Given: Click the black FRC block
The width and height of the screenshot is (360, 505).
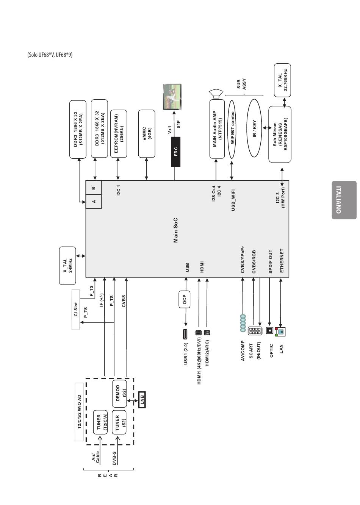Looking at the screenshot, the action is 175,152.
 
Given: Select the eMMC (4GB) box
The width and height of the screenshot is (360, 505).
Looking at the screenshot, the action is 147,134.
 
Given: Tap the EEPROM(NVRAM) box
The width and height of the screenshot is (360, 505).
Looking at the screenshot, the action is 119,134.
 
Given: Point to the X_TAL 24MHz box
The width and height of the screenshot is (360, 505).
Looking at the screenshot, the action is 67,266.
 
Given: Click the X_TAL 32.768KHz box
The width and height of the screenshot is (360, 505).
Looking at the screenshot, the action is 282,80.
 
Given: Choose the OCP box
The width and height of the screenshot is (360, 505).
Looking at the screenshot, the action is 185,299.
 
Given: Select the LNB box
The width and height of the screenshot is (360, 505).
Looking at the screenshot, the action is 142,400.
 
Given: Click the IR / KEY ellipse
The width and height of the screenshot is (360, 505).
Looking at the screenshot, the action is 254,128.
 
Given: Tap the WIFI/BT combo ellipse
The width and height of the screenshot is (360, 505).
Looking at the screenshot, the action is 232,129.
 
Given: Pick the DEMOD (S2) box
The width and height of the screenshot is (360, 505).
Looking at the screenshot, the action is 119,394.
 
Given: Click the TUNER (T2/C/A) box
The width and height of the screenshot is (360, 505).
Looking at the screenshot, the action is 100,422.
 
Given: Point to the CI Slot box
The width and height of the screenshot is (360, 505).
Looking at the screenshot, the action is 75,310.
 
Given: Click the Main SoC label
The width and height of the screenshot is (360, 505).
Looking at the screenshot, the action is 175,230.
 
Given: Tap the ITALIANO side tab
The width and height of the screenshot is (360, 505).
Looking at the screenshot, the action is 344,200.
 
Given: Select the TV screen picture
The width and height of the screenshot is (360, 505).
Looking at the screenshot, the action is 172,97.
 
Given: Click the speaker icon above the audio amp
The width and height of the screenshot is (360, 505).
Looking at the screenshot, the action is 216,94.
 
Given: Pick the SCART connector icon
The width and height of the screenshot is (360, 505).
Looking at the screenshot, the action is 255,331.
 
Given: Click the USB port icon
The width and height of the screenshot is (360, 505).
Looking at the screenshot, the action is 185,334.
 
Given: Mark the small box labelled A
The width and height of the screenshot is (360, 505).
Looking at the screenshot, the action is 94,201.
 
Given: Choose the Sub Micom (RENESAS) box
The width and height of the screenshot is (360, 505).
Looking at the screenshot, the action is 280,134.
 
